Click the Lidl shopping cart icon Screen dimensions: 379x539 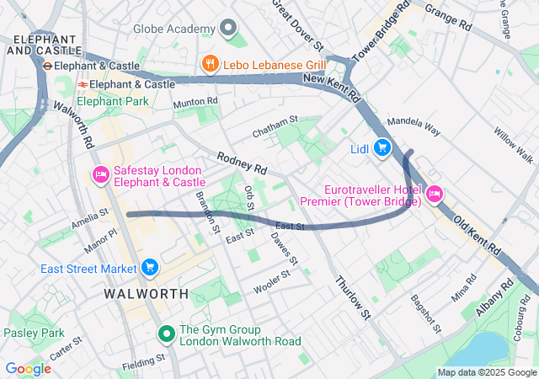coord(382,148)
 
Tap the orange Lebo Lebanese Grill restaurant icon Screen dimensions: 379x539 coord(210,63)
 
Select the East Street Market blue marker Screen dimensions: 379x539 coord(150,268)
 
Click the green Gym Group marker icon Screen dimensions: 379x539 coord(167,335)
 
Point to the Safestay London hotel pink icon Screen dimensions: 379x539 coord(100,174)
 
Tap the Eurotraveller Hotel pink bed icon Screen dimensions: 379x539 coord(435,194)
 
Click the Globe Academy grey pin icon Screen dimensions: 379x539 coord(227,29)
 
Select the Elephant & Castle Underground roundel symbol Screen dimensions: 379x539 coord(48,66)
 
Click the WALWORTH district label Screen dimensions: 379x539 coord(147,294)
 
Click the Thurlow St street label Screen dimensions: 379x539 coord(353,297)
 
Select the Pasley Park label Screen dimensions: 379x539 coord(34,334)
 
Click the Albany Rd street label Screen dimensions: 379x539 coord(496,297)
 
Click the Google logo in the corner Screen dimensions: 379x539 coord(28,368)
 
